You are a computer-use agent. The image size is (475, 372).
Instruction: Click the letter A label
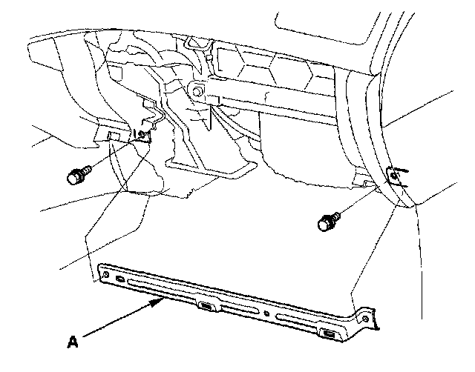pos(72,342)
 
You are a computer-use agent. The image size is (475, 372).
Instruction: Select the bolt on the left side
pos(76,176)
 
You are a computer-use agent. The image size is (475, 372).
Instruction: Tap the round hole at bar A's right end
pos(364,319)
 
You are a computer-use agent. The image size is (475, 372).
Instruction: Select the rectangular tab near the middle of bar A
pos(206,305)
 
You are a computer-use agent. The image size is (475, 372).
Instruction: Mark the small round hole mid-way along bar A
pos(266,312)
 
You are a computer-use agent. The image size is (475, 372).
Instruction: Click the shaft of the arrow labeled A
pos(119,322)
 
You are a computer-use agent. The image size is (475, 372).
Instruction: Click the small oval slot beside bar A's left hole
pos(120,280)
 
